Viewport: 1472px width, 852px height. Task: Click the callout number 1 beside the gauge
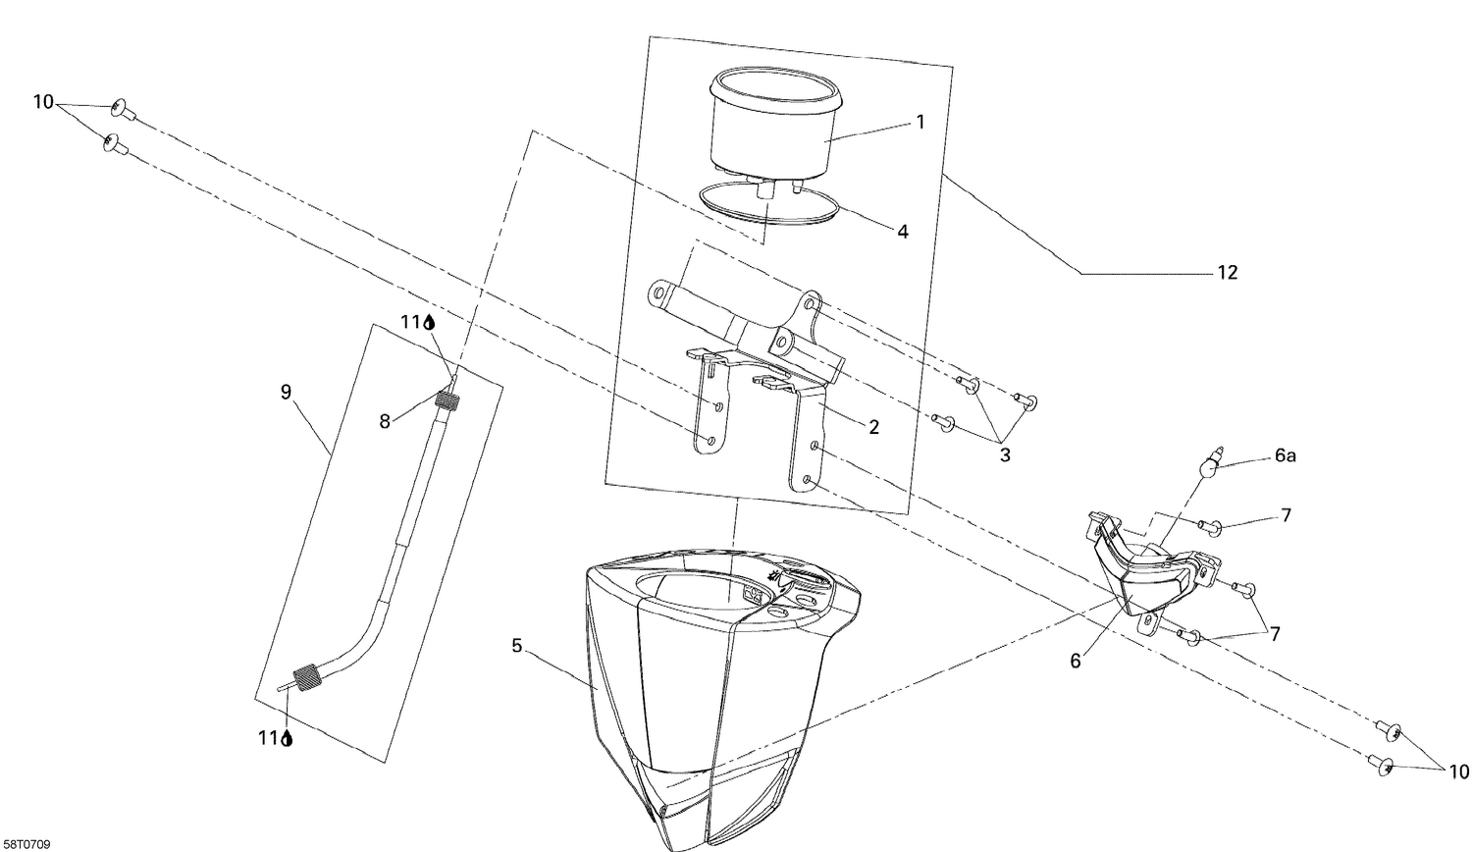pyautogui.click(x=920, y=122)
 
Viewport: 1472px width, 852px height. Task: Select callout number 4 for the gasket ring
pyautogui.click(x=902, y=232)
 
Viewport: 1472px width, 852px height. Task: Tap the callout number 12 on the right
pyautogui.click(x=1228, y=273)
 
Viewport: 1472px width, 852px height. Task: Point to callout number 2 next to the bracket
pyautogui.click(x=872, y=427)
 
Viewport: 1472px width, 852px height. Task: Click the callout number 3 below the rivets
pyautogui.click(x=1004, y=455)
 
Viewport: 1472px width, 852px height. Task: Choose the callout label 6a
pyautogui.click(x=1286, y=456)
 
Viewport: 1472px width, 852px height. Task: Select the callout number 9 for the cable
pyautogui.click(x=286, y=393)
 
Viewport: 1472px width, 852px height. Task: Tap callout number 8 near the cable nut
pyautogui.click(x=385, y=421)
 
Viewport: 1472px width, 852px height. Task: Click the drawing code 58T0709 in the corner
pyautogui.click(x=26, y=844)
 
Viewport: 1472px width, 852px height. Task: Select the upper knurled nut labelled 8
pyautogui.click(x=448, y=400)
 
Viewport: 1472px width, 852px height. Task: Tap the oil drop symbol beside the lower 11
pyautogui.click(x=287, y=739)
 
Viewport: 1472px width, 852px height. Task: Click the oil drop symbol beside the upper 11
pyautogui.click(x=429, y=321)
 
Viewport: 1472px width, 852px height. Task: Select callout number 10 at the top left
pyautogui.click(x=43, y=102)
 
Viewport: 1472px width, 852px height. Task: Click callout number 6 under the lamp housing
pyautogui.click(x=1076, y=662)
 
